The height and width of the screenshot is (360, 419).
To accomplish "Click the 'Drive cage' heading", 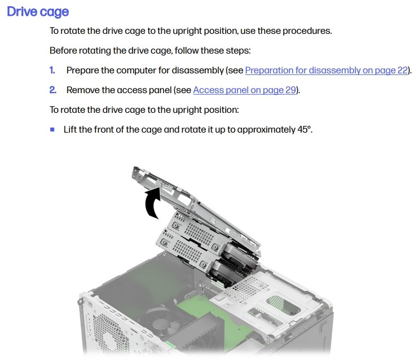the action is (38, 12).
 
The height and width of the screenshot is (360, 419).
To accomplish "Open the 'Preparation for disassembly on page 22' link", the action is (327, 71).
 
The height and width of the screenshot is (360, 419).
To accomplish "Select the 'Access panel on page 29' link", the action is (245, 90).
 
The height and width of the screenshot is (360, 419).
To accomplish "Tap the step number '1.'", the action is (52, 71).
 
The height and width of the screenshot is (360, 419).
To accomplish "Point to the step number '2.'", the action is (53, 90).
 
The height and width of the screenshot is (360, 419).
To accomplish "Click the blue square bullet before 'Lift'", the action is (52, 130).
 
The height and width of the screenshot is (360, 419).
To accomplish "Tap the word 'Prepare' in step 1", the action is (83, 71).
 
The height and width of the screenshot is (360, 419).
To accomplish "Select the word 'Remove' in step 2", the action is (83, 90).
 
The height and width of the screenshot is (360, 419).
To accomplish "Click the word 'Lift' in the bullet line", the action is (70, 129).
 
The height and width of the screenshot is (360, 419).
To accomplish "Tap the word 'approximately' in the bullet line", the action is (266, 130).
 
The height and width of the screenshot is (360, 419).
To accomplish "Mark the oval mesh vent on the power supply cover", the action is (283, 305).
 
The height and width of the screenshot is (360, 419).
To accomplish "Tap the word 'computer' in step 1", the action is (136, 71).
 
